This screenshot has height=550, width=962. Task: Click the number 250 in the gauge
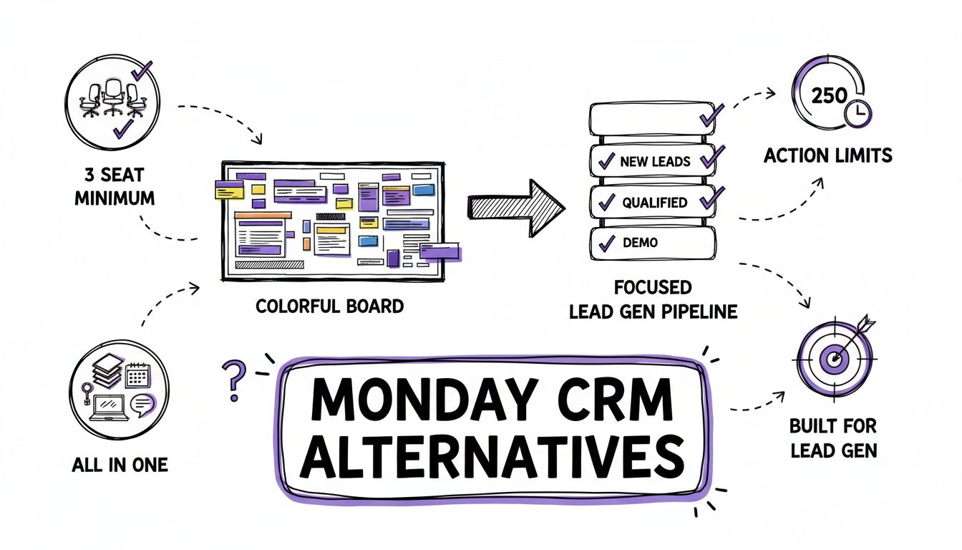click(x=830, y=95)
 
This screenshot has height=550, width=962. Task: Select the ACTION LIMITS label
click(x=828, y=155)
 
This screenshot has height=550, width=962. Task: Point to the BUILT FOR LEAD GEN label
click(x=832, y=438)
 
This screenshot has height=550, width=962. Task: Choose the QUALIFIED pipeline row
click(x=652, y=203)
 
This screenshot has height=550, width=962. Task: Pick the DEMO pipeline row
click(x=652, y=243)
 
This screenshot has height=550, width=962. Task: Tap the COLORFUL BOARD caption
click(x=329, y=307)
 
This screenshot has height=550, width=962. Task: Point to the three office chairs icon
click(x=112, y=98)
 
